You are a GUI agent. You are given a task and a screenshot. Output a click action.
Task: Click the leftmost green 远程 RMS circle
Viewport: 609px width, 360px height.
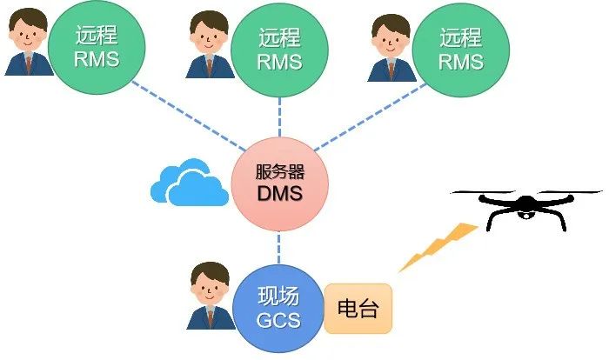click(x=96, y=49)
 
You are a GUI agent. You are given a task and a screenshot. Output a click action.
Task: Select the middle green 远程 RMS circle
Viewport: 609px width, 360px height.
click(x=280, y=50)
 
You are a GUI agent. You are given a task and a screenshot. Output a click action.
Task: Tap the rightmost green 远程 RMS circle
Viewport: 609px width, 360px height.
click(x=460, y=50)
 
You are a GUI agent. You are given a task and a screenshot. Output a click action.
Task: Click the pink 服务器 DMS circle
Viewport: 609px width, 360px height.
click(x=279, y=183)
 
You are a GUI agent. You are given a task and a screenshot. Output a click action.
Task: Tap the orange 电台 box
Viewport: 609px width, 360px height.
click(x=358, y=309)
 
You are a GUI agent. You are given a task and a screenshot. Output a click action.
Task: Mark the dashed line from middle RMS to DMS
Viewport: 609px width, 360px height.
click(x=280, y=117)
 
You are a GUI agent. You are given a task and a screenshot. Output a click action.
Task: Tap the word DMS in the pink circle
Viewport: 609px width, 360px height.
click(x=279, y=193)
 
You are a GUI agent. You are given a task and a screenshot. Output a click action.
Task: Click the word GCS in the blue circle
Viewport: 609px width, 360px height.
click(x=278, y=319)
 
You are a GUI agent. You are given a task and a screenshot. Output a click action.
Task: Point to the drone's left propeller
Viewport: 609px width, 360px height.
click(x=478, y=196)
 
